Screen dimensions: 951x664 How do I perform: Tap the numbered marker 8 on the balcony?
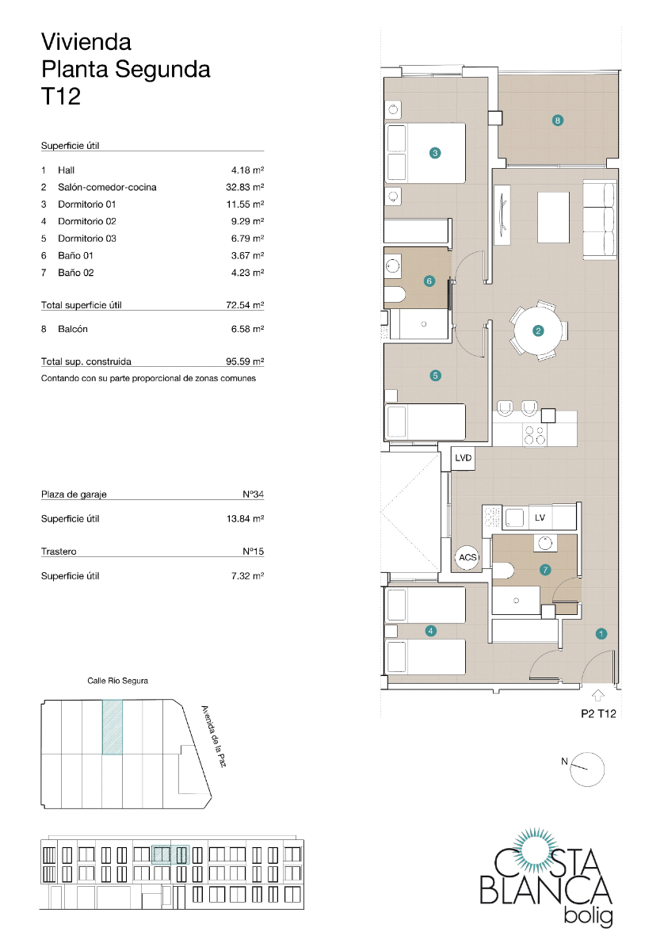coord(558,120)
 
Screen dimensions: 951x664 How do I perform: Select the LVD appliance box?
coord(464,458)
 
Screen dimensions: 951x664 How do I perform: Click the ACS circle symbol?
coord(467,558)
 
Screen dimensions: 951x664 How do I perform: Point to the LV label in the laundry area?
coord(540,518)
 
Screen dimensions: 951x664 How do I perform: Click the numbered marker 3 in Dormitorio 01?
coord(434,153)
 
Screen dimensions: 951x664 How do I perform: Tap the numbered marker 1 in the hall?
coord(601,633)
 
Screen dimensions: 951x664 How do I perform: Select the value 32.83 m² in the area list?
coord(245,188)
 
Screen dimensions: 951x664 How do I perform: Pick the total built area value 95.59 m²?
coord(245,361)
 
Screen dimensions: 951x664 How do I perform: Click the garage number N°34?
coord(253,495)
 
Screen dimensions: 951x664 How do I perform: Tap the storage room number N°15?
coord(253,552)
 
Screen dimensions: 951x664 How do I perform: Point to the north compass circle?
coord(589,769)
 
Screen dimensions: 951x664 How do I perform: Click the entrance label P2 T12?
coord(598,713)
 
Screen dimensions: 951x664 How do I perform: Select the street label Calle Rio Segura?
coord(117,681)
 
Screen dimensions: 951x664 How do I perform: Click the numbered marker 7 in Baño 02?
coord(545,569)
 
